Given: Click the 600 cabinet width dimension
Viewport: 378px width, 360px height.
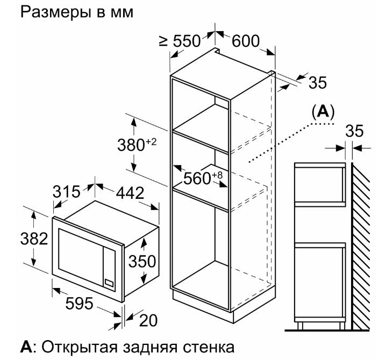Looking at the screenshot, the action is click(246, 41).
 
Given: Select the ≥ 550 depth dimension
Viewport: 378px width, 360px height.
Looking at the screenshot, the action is click(180, 41).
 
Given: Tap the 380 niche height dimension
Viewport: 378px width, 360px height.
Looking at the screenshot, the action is click(137, 145).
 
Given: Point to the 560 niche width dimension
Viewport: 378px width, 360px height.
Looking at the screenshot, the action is click(203, 178).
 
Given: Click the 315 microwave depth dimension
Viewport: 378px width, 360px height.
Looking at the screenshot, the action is click(67, 192).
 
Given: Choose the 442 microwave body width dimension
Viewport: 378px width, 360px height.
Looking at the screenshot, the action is click(130, 193).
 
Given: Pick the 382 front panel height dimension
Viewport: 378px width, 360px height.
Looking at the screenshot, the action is click(34, 239).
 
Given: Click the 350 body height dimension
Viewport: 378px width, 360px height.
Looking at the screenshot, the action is click(142, 261).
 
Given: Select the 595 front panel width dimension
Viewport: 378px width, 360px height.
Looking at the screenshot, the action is click(80, 304).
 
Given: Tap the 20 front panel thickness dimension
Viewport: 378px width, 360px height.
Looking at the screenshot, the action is click(148, 320).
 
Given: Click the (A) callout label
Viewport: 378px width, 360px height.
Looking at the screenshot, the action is click(323, 112).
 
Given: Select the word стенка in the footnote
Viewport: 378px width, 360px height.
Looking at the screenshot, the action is click(209, 347).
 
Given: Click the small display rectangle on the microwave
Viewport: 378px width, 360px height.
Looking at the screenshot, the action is click(109, 283).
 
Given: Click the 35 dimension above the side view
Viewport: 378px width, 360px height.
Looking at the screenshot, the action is click(354, 131).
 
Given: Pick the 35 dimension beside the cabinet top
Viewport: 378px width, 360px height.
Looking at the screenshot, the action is click(318, 82).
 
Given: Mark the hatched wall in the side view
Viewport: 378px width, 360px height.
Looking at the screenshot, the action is click(360, 246).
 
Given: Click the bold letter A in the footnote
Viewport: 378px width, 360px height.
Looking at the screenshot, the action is click(26, 347).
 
